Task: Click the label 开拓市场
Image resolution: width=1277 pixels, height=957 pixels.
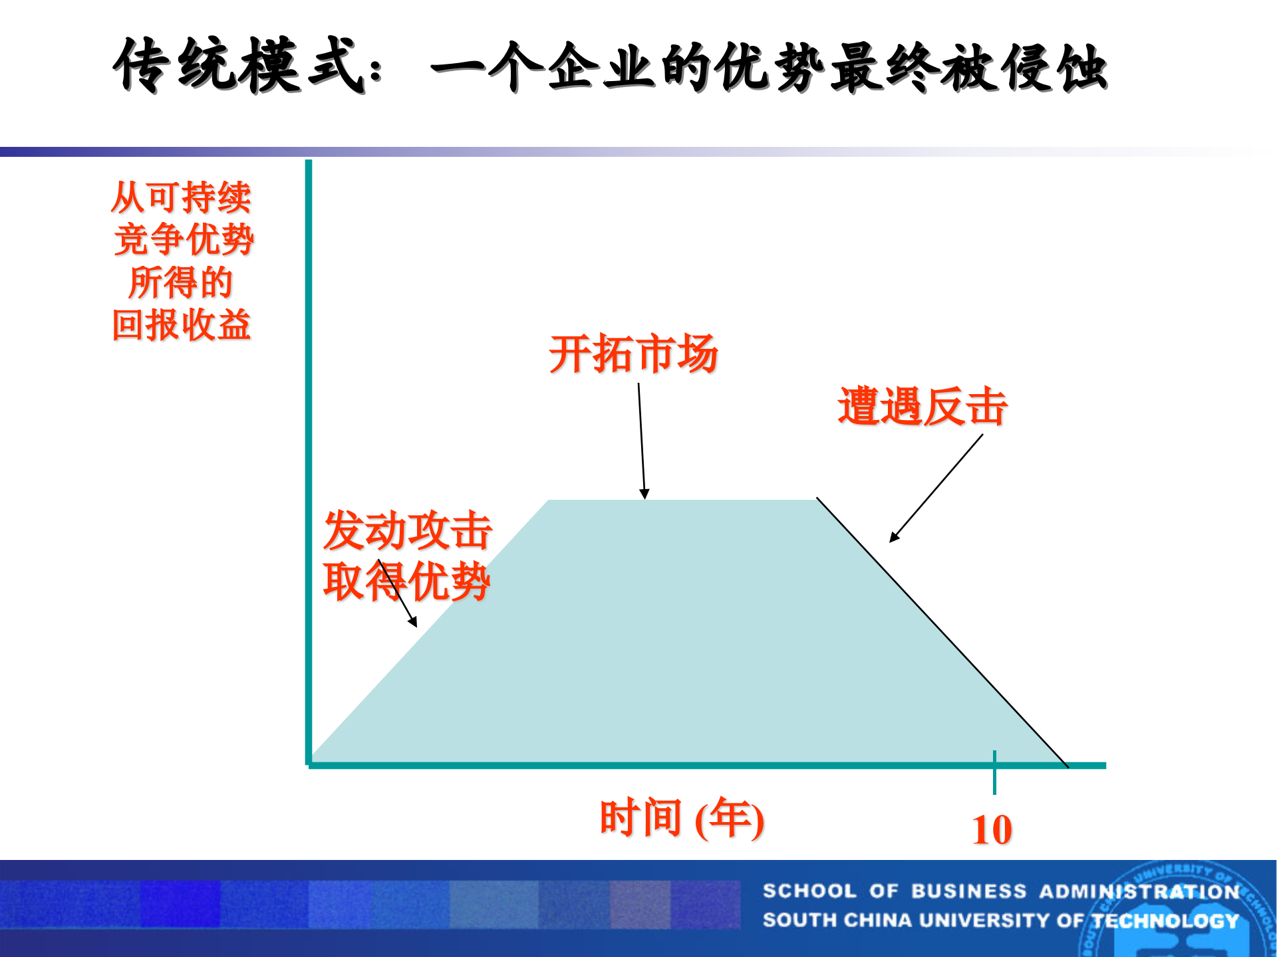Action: (633, 354)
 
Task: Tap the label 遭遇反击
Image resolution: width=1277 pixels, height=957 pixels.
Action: (922, 406)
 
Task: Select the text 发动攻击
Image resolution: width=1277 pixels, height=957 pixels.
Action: (407, 530)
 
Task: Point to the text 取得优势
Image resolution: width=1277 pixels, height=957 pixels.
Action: (407, 582)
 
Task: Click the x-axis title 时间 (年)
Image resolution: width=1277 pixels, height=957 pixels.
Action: (682, 818)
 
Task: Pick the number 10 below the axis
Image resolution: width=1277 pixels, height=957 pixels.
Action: (992, 829)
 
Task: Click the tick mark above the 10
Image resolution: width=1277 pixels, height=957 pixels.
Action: (994, 772)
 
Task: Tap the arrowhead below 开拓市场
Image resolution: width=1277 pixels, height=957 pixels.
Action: (644, 494)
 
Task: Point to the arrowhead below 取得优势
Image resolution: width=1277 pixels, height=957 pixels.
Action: (413, 622)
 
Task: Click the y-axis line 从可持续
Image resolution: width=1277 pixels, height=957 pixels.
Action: (181, 197)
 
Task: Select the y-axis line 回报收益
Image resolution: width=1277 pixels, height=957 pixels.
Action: (181, 325)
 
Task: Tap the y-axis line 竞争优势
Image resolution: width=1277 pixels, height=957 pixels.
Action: (184, 239)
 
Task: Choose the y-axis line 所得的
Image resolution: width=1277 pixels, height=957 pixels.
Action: (181, 282)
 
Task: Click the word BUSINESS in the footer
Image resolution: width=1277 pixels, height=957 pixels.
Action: (968, 891)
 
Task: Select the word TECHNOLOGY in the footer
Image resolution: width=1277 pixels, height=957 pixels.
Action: (1165, 920)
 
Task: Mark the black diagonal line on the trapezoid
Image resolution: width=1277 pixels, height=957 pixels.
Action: (944, 635)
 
